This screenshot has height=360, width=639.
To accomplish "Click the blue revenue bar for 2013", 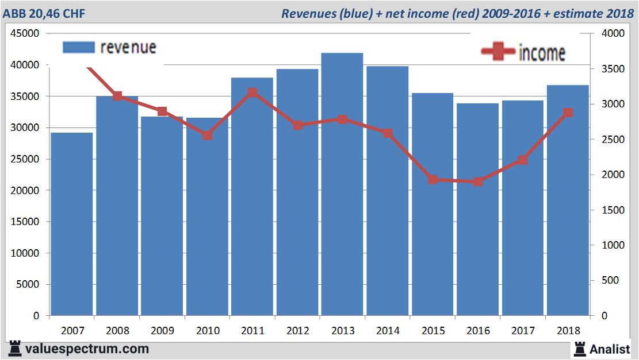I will [x=342, y=184].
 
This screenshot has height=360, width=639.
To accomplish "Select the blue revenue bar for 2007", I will [x=72, y=224].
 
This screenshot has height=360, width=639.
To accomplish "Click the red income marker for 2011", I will [x=252, y=92].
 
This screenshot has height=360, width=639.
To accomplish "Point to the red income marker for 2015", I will [x=433, y=180].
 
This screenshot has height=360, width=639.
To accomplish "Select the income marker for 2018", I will [x=568, y=113].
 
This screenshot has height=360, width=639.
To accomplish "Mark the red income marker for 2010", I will [x=208, y=136].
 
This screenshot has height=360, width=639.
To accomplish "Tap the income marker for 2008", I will [x=117, y=96].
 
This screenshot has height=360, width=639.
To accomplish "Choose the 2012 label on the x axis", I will [x=297, y=331].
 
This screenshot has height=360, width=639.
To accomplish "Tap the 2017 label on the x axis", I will [x=523, y=331].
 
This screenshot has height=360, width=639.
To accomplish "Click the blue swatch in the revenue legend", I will [x=79, y=48].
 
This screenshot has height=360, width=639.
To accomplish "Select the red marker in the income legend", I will [x=498, y=52].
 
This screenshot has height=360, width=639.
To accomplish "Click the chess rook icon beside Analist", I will [x=580, y=349].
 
